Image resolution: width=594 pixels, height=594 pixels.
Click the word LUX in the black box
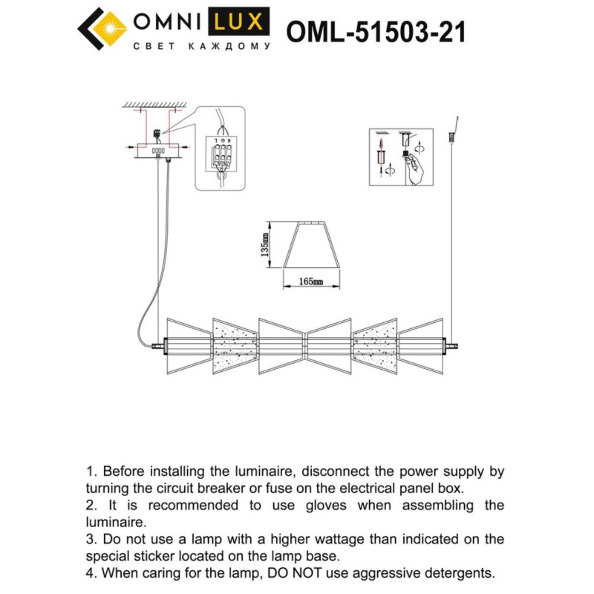238,22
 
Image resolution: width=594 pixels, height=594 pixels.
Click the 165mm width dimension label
310,282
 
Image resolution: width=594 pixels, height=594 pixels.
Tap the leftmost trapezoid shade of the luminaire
188,346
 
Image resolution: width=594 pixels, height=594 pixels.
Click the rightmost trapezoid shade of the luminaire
421,346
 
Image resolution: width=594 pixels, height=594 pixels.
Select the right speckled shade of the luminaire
375,346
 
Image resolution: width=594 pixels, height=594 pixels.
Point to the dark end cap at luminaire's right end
451,346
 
